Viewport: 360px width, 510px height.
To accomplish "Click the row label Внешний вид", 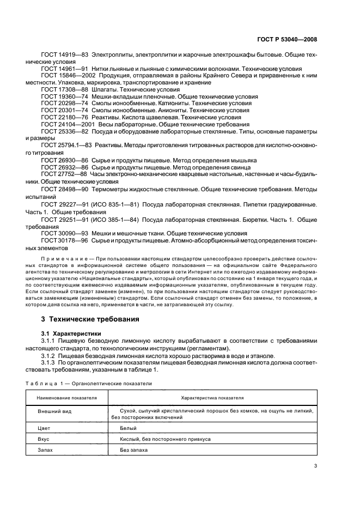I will point(52,413).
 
